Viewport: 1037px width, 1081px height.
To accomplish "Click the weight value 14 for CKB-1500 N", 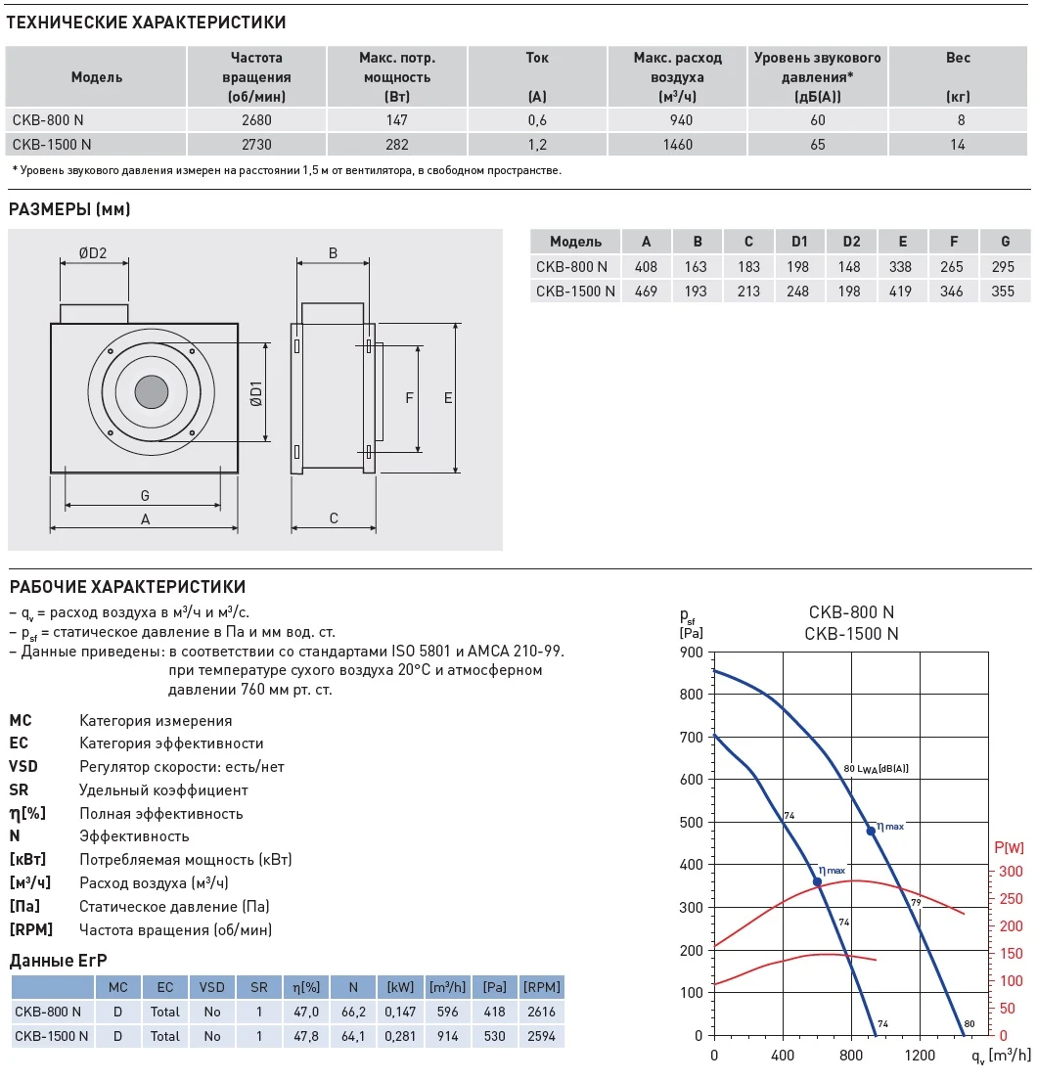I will coord(958,145).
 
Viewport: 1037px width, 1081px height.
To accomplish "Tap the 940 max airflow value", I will coord(677,120).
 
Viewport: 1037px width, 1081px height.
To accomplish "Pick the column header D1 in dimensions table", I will coord(799,242).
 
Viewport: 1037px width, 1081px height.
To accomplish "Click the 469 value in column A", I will coord(647,291).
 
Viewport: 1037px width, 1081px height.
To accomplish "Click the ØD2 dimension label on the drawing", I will coord(92,254).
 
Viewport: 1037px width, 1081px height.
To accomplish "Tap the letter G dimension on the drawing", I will coord(144,496).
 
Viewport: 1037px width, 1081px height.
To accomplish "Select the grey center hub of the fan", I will coord(151,392).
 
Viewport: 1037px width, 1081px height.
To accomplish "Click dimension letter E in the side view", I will coord(448,398).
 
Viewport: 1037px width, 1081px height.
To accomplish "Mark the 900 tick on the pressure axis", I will coord(692,653).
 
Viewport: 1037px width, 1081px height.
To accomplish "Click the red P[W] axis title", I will coord(1008,847).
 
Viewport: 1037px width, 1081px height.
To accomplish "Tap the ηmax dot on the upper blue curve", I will coord(871,831).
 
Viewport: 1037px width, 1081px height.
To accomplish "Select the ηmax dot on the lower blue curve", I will coord(817,882).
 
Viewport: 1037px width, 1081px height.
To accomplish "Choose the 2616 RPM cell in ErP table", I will coord(540,1011).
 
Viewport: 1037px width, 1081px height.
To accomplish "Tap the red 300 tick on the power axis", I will coord(1011,872).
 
